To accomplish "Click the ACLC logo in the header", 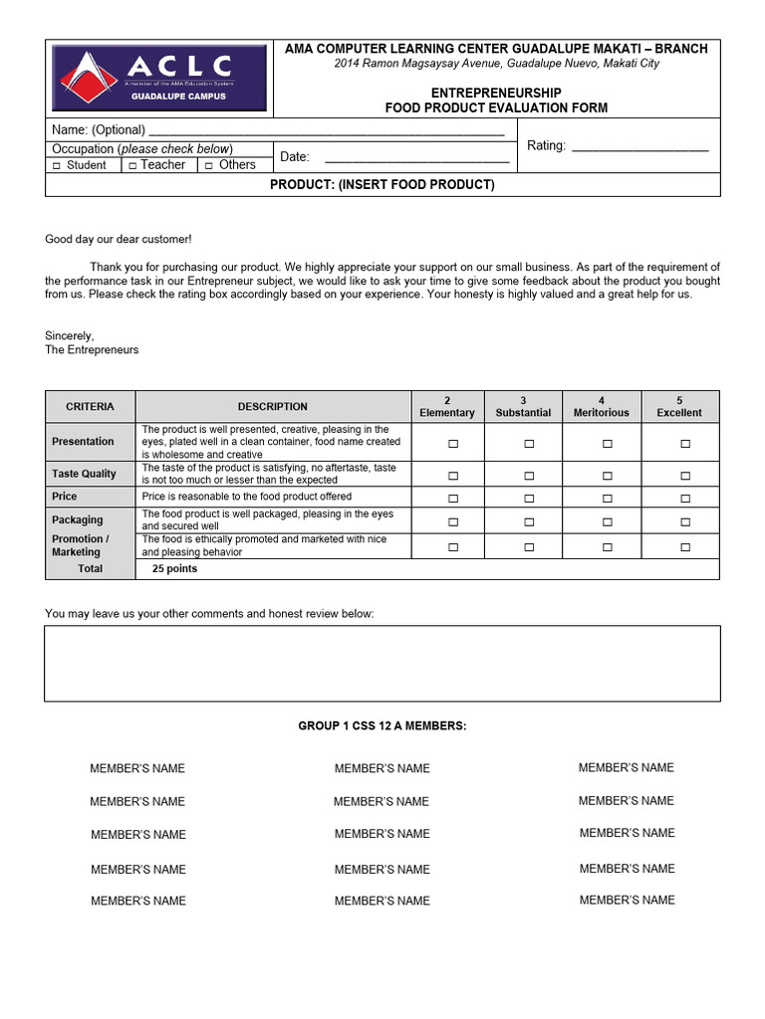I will pyautogui.click(x=159, y=78).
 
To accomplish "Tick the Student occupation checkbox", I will pyautogui.click(x=57, y=166).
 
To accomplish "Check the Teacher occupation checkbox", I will pyautogui.click(x=132, y=166).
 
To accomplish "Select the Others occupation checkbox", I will pyautogui.click(x=209, y=166).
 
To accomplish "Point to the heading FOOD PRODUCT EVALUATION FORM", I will pyautogui.click(x=496, y=107).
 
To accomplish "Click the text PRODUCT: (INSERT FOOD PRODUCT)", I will pyautogui.click(x=382, y=185).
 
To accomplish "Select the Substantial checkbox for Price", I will pyautogui.click(x=529, y=499).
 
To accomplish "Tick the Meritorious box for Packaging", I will pyautogui.click(x=607, y=521).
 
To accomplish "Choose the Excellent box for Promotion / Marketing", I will pyautogui.click(x=685, y=547).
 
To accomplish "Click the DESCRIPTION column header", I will pyautogui.click(x=272, y=406).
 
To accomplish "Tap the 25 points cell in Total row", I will pyautogui.click(x=174, y=569).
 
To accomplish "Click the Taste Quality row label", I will pyautogui.click(x=84, y=474).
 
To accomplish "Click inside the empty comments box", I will pyautogui.click(x=382, y=663).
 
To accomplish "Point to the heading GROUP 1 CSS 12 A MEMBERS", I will pyautogui.click(x=382, y=726).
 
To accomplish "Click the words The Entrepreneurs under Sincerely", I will pyautogui.click(x=92, y=350).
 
